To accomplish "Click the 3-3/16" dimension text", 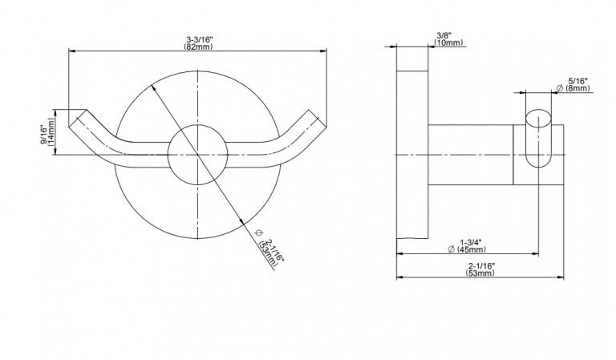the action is tap(199, 39).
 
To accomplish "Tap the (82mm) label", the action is tap(198, 47).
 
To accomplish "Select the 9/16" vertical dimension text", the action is tap(44, 135).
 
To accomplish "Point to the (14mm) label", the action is tap(51, 132).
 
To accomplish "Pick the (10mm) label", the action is tap(448, 42).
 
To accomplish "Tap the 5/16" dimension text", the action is tap(577, 81).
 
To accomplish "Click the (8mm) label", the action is tap(577, 88).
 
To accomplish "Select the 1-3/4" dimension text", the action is tap(471, 242).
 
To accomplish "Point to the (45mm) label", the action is tap(472, 249).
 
